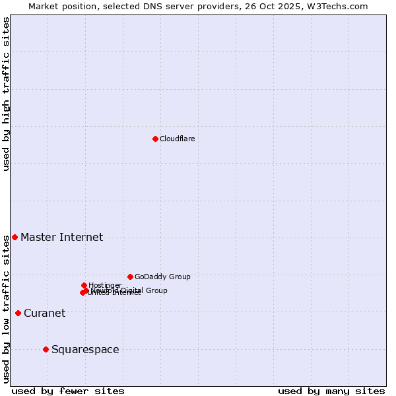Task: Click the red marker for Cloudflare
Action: coord(155,139)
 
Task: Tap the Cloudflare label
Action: coord(177,139)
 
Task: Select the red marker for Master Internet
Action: coord(15,237)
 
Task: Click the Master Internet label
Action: coord(61,238)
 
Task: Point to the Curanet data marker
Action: coord(18,313)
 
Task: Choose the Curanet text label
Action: coord(44,313)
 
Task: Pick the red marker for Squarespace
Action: coord(46,349)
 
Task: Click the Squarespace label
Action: coord(85,350)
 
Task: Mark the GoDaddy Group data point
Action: coord(130,277)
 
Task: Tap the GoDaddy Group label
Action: coord(162,277)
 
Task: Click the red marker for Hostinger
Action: coord(84,285)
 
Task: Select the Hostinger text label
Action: coord(105,285)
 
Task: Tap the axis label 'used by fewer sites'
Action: coord(68,391)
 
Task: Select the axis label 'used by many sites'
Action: coord(331,391)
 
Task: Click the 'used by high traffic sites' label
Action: coord(6,94)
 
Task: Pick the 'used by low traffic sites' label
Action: coord(6,309)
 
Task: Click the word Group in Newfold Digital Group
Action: coord(156,290)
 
